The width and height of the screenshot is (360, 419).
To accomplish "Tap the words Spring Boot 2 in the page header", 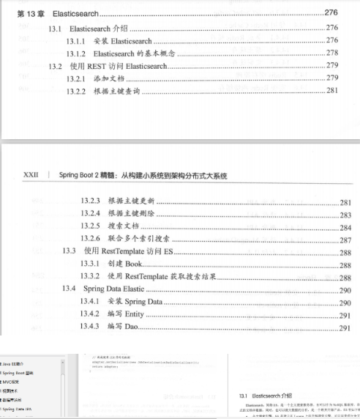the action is [x=81, y=176].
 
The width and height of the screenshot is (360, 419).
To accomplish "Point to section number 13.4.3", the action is [x=91, y=327].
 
